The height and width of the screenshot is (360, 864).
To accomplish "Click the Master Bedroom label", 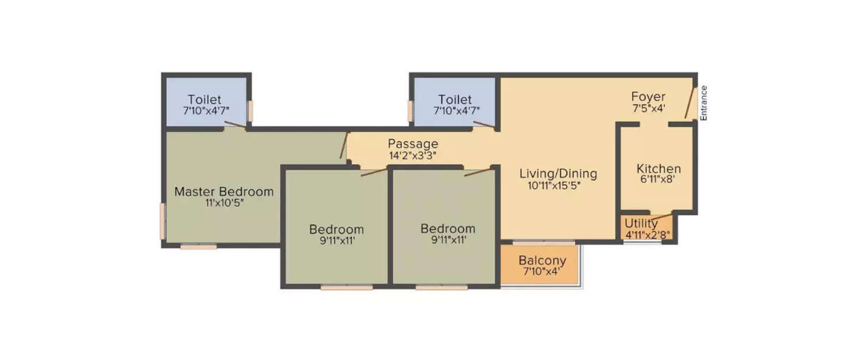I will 224,191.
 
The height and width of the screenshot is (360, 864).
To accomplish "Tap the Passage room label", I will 412,143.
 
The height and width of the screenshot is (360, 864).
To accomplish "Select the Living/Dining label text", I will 558,173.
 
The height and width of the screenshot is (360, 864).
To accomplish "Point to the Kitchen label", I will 658,169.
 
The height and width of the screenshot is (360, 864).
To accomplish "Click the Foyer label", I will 648,96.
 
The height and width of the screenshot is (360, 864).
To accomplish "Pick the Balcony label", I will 542,260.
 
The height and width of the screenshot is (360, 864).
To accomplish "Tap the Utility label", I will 641,223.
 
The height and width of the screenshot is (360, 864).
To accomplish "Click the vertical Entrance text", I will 703,103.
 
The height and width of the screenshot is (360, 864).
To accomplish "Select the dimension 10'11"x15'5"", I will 554,185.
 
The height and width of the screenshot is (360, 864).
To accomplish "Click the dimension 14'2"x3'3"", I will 412,155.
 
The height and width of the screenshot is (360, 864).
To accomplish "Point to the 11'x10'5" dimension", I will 224,203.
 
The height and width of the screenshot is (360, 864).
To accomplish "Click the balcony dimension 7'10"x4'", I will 541,271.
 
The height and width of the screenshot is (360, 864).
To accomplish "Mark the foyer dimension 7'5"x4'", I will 648,108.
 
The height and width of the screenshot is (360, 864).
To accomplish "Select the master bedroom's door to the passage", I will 344,146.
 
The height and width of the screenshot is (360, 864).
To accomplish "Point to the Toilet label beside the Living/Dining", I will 454,100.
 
